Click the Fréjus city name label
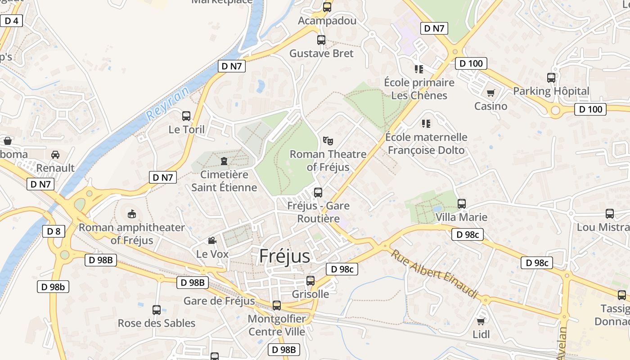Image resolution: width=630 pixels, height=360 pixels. point(284,256)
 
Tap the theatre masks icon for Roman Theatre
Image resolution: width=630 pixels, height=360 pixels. point(328,140)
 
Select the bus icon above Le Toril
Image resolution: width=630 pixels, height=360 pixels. point(186,116)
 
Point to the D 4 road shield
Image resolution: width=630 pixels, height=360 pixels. point(11,21)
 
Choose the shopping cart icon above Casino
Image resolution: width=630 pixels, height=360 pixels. point(490,93)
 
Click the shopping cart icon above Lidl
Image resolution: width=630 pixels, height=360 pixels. point(481,321)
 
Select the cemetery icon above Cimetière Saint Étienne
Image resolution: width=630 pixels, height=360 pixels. point(224,161)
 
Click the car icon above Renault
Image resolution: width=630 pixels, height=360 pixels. point(55,154)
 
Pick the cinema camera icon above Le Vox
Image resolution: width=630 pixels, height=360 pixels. point(212,241)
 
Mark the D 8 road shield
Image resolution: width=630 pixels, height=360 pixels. point(54,232)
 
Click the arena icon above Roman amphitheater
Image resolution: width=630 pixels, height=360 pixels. point(132,214)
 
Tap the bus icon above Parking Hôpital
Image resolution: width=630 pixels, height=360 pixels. point(551,77)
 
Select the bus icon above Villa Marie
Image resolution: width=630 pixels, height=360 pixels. point(462,203)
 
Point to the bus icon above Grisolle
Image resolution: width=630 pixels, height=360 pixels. point(310,281)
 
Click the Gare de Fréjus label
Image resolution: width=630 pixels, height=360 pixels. point(219,301)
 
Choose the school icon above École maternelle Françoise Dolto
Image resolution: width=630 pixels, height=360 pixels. point(426,123)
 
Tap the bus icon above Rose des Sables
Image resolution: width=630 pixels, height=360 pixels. point(157,310)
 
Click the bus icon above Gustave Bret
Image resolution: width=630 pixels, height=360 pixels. point(321,40)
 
